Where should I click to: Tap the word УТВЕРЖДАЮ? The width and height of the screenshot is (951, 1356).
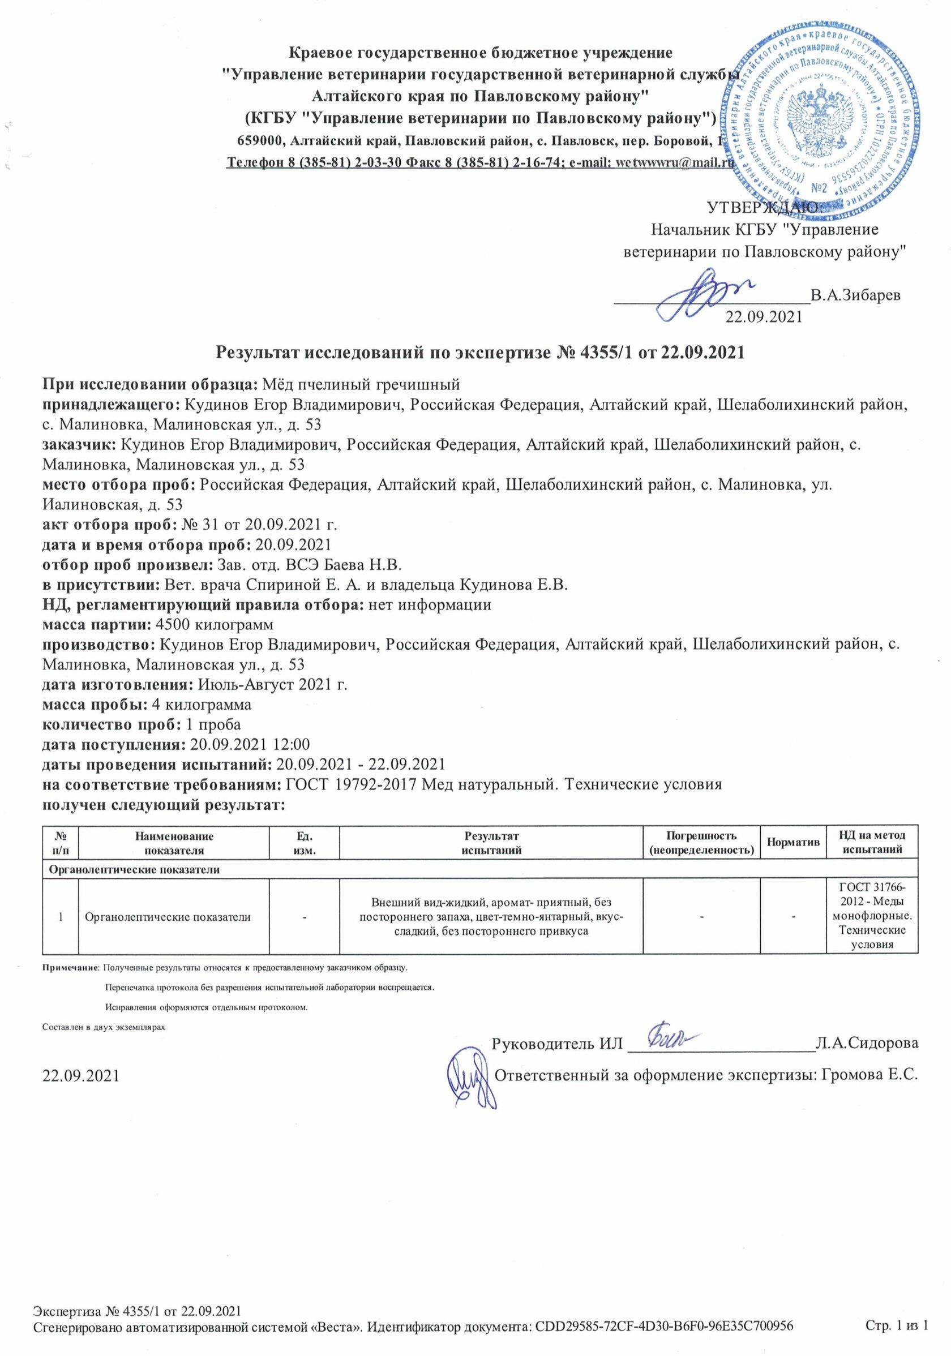click(762, 207)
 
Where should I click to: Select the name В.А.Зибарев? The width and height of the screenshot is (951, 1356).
click(855, 295)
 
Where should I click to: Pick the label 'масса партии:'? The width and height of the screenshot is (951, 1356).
click(96, 624)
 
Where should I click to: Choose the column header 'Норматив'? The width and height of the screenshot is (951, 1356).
click(792, 842)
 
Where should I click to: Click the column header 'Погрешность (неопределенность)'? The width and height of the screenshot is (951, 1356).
click(701, 843)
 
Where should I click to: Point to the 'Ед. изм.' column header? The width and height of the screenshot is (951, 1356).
click(304, 843)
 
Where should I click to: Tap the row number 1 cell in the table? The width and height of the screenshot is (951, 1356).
click(61, 917)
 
